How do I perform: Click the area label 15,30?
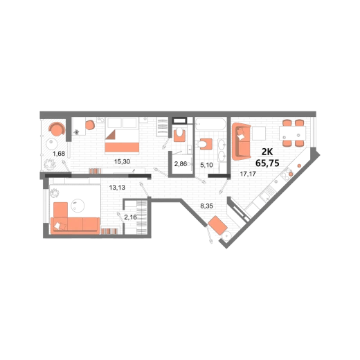[122, 161]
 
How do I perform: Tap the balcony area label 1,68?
[59, 154]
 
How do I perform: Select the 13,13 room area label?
[117, 188]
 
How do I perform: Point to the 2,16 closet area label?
[130, 217]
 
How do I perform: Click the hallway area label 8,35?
[206, 206]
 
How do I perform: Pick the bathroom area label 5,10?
[206, 165]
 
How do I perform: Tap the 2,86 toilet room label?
[181, 164]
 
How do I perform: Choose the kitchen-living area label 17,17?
[248, 174]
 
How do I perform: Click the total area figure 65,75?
[267, 163]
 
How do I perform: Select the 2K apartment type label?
[267, 152]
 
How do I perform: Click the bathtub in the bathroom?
[210, 125]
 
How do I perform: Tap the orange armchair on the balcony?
[57, 129]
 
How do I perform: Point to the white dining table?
[292, 133]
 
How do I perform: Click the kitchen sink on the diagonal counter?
[267, 195]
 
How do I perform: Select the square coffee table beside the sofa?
[259, 133]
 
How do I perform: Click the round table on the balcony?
[51, 144]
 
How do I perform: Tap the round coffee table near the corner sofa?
[78, 206]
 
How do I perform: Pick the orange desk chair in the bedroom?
[90, 125]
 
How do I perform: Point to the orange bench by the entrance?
[217, 226]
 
